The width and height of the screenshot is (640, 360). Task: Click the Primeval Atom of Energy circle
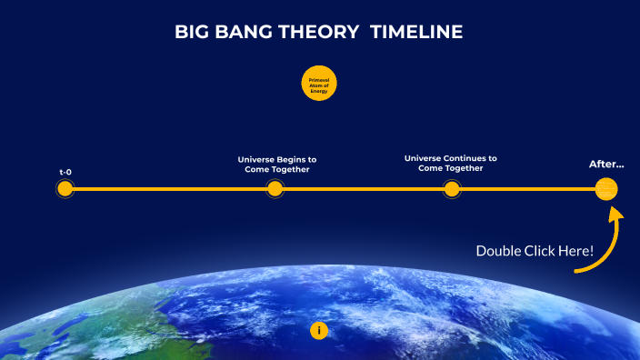(319, 85)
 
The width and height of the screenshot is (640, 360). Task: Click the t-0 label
(65, 171)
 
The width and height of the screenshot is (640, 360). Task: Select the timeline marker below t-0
(65, 189)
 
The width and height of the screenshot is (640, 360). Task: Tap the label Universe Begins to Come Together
(277, 164)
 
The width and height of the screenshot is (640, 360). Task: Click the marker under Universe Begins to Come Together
(275, 189)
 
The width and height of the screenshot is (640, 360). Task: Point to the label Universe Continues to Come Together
(450, 163)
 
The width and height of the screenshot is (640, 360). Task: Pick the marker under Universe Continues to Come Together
(451, 189)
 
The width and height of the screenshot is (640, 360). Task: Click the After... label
(606, 165)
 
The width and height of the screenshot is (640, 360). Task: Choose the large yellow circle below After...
(606, 189)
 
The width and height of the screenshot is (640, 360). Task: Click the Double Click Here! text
(535, 250)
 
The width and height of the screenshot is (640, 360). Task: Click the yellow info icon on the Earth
(319, 330)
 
